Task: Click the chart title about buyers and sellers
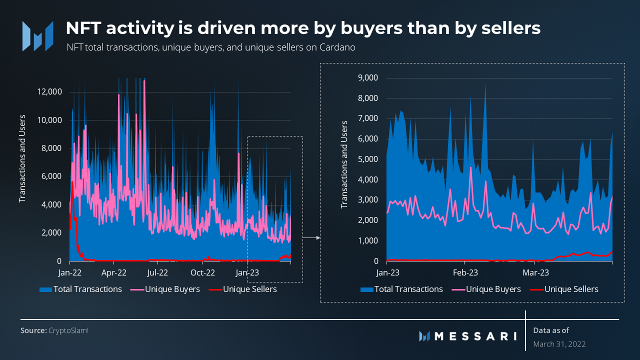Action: point(303,28)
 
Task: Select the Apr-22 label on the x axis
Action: point(114,273)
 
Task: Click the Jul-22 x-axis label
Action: point(158,273)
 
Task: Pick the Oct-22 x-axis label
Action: point(202,273)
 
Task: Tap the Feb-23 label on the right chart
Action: point(464,273)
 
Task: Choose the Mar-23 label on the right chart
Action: point(535,273)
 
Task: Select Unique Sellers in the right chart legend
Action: point(571,289)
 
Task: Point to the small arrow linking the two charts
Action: point(311,238)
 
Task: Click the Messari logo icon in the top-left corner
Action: point(37,36)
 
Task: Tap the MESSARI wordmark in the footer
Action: point(475,336)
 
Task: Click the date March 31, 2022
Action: point(559,344)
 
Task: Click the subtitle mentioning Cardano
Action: point(210,48)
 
